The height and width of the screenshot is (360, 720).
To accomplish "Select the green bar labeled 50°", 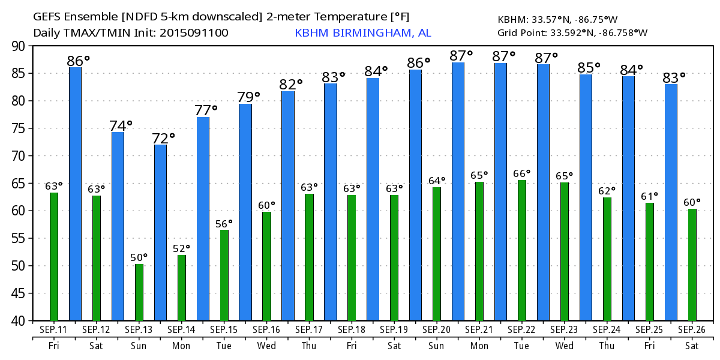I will coord(139,292).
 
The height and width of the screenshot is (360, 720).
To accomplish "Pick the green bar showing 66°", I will coord(522,250).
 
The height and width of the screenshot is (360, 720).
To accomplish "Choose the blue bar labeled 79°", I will coord(245,212).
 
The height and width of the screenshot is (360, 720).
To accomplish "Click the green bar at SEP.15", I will coord(224,275).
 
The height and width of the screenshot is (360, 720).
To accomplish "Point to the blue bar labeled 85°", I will coord(586,197).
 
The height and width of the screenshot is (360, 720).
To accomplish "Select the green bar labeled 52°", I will coord(182,288).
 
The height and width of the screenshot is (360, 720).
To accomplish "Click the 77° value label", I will coord(206,110).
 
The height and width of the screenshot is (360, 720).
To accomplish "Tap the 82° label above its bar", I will coord(291,85).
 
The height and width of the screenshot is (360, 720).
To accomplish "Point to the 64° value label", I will coord(436,181).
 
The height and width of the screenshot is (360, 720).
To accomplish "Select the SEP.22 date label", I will coord(521,330).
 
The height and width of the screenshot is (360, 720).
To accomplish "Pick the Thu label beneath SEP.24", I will coord(607,346).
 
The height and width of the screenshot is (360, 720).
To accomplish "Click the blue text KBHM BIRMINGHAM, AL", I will coord(362,33).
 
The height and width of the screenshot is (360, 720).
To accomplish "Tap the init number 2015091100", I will coord(194,33).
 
